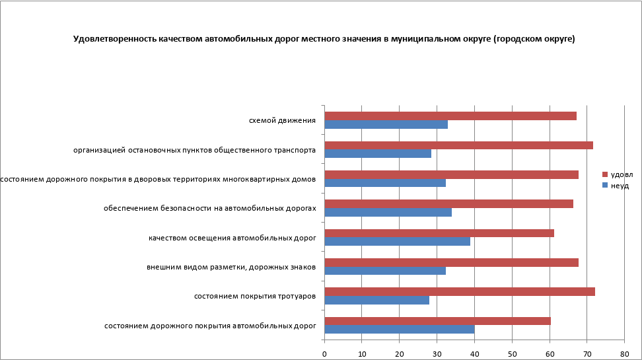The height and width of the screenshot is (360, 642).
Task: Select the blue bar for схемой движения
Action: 386,124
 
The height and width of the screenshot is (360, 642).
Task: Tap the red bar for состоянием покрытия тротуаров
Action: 460,292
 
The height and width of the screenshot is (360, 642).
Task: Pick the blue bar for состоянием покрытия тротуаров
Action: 377,300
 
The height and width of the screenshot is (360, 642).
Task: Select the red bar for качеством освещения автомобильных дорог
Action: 439,233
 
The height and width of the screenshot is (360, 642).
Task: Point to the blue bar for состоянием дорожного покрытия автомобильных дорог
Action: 400,329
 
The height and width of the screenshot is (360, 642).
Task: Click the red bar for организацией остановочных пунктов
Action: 459,145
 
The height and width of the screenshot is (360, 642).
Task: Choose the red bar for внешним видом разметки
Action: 452,262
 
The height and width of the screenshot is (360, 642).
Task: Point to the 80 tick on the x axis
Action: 624,353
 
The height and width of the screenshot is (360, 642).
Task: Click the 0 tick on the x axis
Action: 324,353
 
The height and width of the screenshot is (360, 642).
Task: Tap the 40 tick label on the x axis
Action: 474,353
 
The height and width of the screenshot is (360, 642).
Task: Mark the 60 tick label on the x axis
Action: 550,353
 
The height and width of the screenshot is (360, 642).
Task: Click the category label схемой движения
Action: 282,121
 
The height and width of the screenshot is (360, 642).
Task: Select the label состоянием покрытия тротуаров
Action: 255,296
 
